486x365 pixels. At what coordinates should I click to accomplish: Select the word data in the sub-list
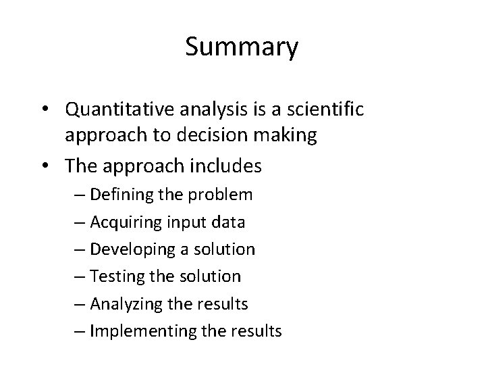point(230,222)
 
